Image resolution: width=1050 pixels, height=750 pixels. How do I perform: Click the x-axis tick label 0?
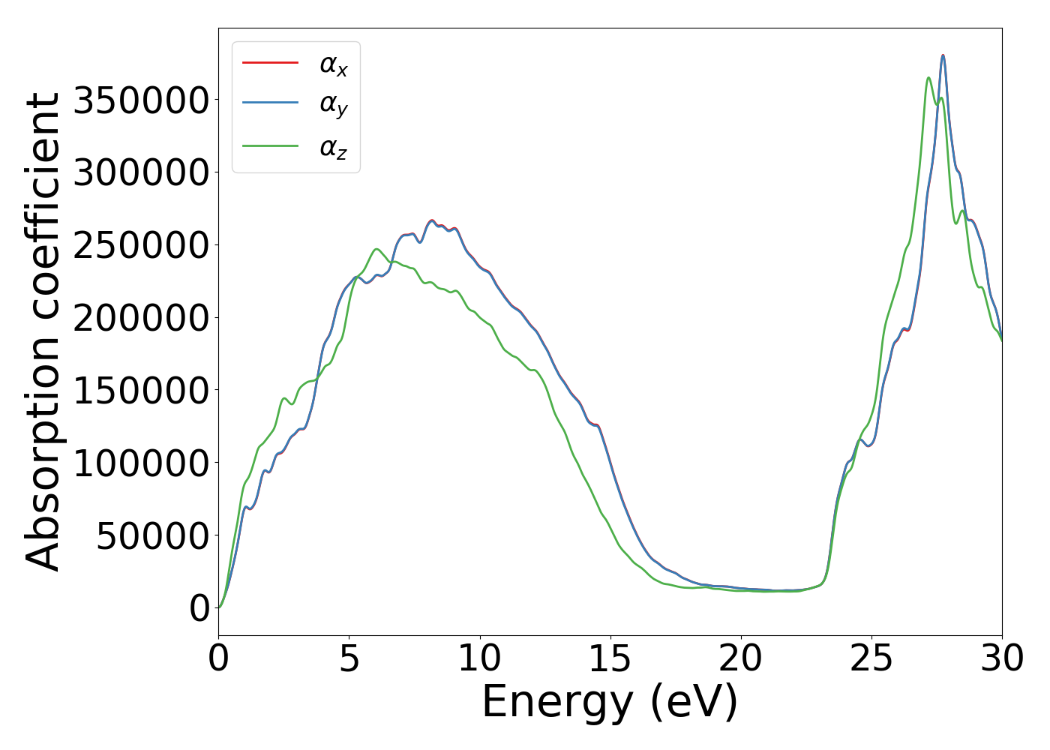[218, 659]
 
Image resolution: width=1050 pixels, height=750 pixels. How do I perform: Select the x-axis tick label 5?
[349, 659]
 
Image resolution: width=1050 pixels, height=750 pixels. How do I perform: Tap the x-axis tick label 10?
[479, 659]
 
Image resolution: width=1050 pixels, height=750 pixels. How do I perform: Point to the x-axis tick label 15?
[610, 659]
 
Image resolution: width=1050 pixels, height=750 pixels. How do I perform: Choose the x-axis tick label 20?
[740, 659]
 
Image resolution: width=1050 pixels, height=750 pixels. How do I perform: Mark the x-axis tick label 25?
[871, 659]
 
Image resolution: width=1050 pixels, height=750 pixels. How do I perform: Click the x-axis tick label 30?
[1002, 659]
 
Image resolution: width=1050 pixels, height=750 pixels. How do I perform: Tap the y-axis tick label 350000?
[141, 100]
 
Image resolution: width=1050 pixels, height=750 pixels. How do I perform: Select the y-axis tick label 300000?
[141, 172]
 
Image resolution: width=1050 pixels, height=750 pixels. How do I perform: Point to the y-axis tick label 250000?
[141, 245]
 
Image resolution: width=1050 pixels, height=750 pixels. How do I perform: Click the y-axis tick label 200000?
[141, 318]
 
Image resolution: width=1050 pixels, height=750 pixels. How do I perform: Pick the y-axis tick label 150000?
[141, 391]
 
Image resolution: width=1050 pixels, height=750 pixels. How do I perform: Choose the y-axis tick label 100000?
[141, 463]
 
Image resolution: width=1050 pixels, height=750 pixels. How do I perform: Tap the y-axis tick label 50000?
[153, 536]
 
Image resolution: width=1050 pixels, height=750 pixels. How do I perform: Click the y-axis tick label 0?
[199, 608]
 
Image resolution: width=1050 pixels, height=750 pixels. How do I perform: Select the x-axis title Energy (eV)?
[610, 703]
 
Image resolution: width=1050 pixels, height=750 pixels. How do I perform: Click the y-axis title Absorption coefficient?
[43, 331]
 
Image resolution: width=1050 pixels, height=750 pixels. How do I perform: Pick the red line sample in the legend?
[271, 62]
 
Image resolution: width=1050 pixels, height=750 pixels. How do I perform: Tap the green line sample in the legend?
[271, 146]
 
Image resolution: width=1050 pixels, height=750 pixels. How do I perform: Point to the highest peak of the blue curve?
[943, 55]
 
